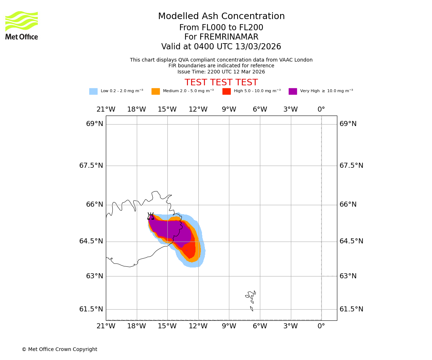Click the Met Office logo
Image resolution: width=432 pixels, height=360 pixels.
click(x=22, y=25)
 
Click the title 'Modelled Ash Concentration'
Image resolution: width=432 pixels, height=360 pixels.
click(x=221, y=17)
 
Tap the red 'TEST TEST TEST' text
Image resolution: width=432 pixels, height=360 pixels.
click(x=221, y=82)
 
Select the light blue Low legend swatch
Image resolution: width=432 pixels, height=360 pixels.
click(x=93, y=91)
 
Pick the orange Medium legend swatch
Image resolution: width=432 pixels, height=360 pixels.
click(x=156, y=91)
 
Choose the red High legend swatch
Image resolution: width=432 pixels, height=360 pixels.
click(x=226, y=91)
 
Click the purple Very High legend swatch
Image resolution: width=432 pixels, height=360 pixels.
click(x=293, y=91)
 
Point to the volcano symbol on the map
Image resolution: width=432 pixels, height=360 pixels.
click(x=150, y=216)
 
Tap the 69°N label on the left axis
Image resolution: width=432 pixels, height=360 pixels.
click(x=95, y=124)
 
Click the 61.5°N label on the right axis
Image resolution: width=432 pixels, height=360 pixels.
click(x=351, y=309)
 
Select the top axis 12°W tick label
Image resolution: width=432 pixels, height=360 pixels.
click(x=198, y=109)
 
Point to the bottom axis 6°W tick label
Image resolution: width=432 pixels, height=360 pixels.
click(x=260, y=327)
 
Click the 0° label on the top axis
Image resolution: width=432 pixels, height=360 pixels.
click(x=321, y=109)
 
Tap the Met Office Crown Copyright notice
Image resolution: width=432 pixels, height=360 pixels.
click(x=59, y=350)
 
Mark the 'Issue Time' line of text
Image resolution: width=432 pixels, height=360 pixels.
click(x=221, y=72)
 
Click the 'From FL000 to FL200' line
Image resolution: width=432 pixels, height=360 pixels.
click(x=221, y=28)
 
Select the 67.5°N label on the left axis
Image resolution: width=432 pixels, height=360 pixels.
click(x=91, y=166)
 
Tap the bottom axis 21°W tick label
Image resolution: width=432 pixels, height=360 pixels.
click(x=106, y=327)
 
